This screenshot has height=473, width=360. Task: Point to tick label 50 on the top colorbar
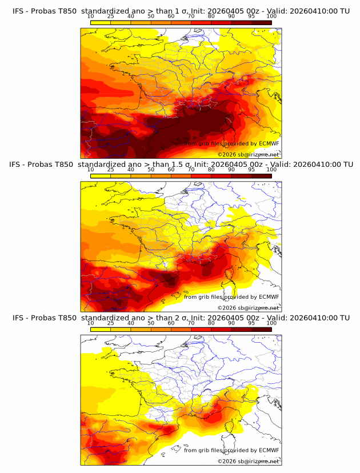coord(151,17)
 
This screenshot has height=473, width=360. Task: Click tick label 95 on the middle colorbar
coord(251,170)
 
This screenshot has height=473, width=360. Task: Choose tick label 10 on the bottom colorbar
coord(90,323)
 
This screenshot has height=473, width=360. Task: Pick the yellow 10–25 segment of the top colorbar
coord(101,22)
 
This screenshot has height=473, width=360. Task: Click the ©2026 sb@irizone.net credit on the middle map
coord(249,307)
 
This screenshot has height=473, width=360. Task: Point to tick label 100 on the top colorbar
coord(271,17)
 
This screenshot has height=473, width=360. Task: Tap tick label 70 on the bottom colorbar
coord(191,323)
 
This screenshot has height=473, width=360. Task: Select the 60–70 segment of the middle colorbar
coord(181,175)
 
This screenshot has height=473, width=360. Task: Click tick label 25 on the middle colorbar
coord(111,170)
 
